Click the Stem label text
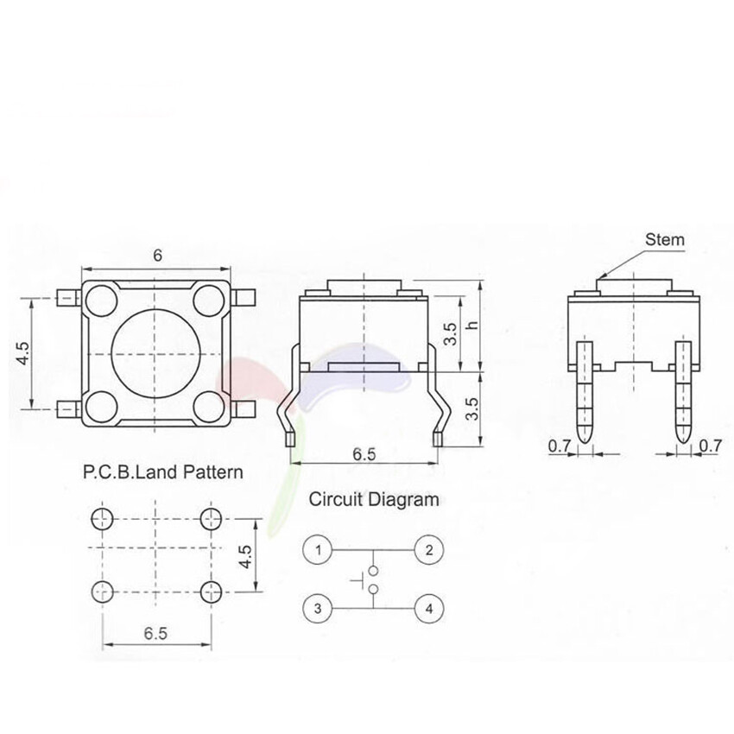point(665,239)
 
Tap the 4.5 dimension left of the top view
point(23,354)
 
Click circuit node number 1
point(319,549)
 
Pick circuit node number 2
point(429,549)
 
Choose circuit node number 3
point(319,608)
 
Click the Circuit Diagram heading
point(374,499)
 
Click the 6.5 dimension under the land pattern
point(155,633)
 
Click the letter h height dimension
point(471,326)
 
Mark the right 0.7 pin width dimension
point(710,446)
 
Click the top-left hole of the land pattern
point(102,518)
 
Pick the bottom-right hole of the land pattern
point(210,592)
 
